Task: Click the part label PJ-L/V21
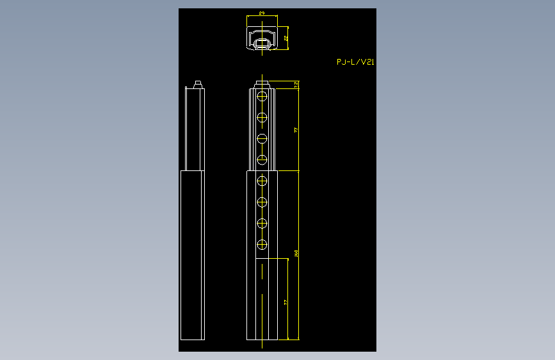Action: coord(355,62)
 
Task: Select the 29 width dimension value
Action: coord(262,13)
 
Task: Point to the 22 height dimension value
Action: coord(286,38)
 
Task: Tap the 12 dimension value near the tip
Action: coord(296,85)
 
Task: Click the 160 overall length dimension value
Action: coord(296,254)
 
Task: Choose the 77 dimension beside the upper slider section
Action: coord(296,130)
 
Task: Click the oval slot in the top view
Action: coord(262,43)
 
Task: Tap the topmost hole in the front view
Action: coord(262,97)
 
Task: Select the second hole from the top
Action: coord(262,117)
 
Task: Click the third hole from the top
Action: coord(262,138)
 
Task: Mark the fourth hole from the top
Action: coord(262,159)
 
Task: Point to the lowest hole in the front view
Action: coord(262,244)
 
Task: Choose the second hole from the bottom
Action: coord(262,223)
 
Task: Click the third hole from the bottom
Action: coord(262,202)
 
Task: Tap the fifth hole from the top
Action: coord(262,182)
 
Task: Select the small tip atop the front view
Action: coord(262,83)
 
